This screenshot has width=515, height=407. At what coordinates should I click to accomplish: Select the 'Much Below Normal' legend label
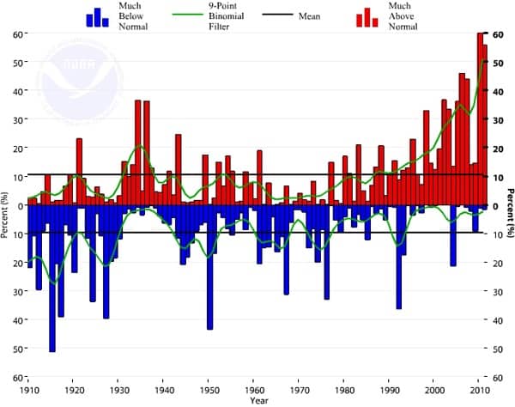pyautogui.click(x=133, y=16)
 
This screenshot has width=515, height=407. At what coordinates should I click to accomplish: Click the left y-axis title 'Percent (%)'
pyautogui.click(x=6, y=207)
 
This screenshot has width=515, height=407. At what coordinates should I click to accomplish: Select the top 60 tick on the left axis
pyautogui.click(x=17, y=33)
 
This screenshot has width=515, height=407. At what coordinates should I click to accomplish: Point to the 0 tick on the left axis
pyautogui.click(x=20, y=205)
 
